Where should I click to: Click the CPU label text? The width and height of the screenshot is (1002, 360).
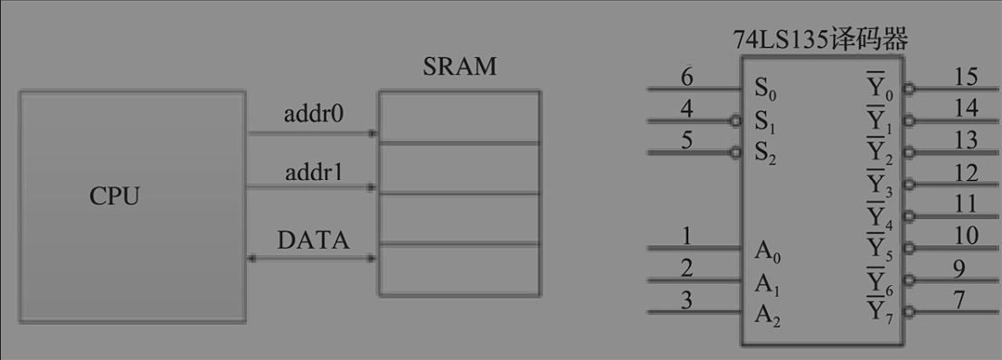point(115,196)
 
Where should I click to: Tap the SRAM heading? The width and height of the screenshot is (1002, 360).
point(459,68)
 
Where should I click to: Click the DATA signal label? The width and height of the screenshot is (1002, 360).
point(313,241)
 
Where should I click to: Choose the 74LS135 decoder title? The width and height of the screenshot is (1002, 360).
point(820,41)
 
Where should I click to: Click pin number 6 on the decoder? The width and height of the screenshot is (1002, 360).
point(687,78)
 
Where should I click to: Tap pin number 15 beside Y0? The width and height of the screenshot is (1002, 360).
point(964,78)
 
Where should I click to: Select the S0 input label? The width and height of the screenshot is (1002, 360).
point(765,90)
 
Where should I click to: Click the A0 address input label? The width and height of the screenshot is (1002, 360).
point(766,251)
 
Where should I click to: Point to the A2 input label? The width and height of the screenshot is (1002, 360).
point(766,315)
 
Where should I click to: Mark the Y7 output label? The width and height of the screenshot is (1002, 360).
point(879,313)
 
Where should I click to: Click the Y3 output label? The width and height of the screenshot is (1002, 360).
point(879,185)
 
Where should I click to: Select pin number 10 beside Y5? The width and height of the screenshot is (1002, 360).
point(965,235)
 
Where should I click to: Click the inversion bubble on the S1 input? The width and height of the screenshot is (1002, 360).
point(736,120)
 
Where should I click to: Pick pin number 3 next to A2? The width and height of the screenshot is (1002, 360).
point(687,300)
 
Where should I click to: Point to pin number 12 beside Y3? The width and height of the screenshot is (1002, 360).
point(965,172)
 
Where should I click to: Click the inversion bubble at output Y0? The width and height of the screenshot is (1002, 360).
point(907,90)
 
